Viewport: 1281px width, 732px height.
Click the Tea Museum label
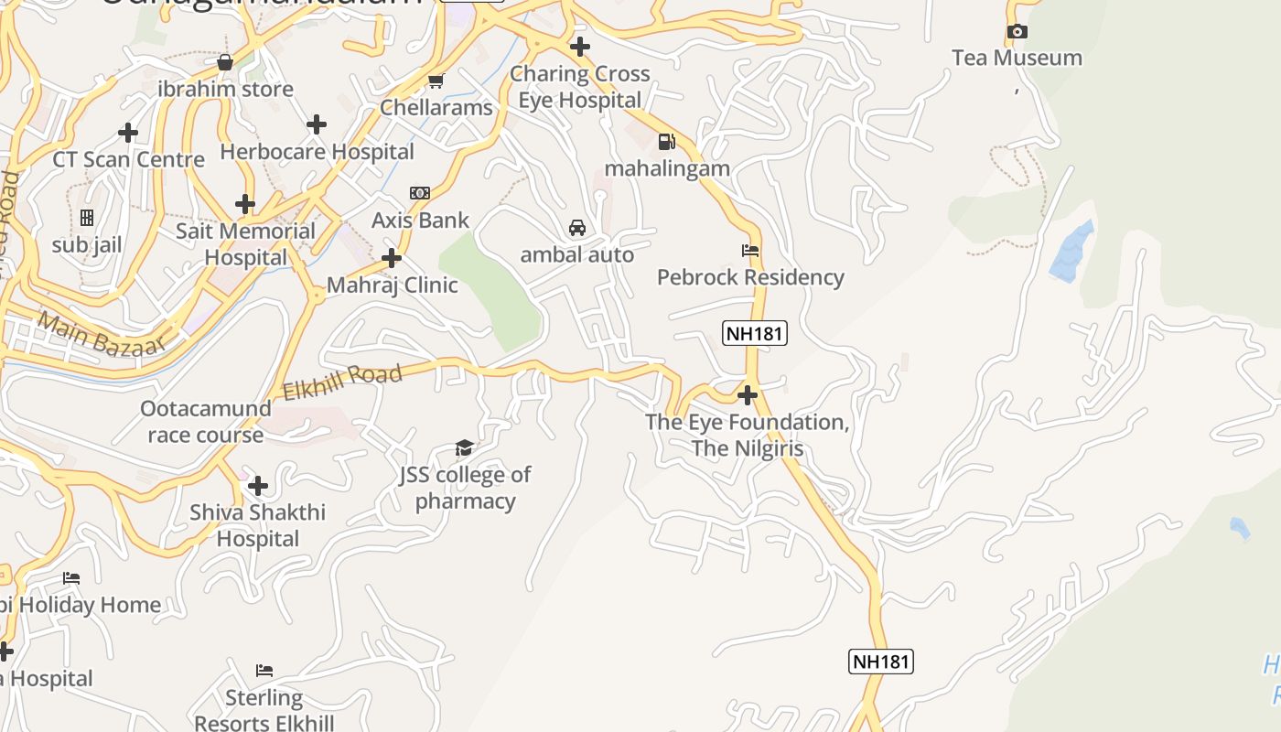(x=1017, y=58)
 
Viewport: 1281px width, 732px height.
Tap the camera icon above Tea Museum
(x=1017, y=32)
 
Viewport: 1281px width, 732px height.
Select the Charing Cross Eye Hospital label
(x=579, y=87)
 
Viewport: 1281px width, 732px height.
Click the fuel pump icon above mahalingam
(x=667, y=142)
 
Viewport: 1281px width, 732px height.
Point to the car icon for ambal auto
(x=577, y=228)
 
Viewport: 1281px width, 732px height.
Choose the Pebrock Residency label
(x=750, y=277)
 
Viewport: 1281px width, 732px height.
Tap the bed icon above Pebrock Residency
(x=750, y=250)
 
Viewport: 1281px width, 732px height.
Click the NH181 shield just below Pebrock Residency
(x=755, y=333)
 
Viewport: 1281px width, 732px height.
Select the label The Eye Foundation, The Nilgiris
(x=748, y=436)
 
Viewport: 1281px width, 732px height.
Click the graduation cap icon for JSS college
(x=465, y=447)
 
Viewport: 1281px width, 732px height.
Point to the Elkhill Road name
(x=342, y=382)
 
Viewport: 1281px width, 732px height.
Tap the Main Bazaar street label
(x=102, y=336)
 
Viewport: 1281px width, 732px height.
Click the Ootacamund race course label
(x=206, y=422)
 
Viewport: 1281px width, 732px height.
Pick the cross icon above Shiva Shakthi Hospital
(x=258, y=485)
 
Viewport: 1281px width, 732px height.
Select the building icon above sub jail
(x=87, y=218)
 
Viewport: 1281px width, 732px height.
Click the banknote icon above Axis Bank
(x=420, y=193)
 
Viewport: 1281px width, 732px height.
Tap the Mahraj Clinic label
(x=392, y=285)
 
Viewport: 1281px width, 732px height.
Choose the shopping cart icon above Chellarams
(x=436, y=81)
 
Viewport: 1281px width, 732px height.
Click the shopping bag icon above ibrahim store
(x=225, y=62)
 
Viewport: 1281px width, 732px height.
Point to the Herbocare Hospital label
(x=317, y=152)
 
